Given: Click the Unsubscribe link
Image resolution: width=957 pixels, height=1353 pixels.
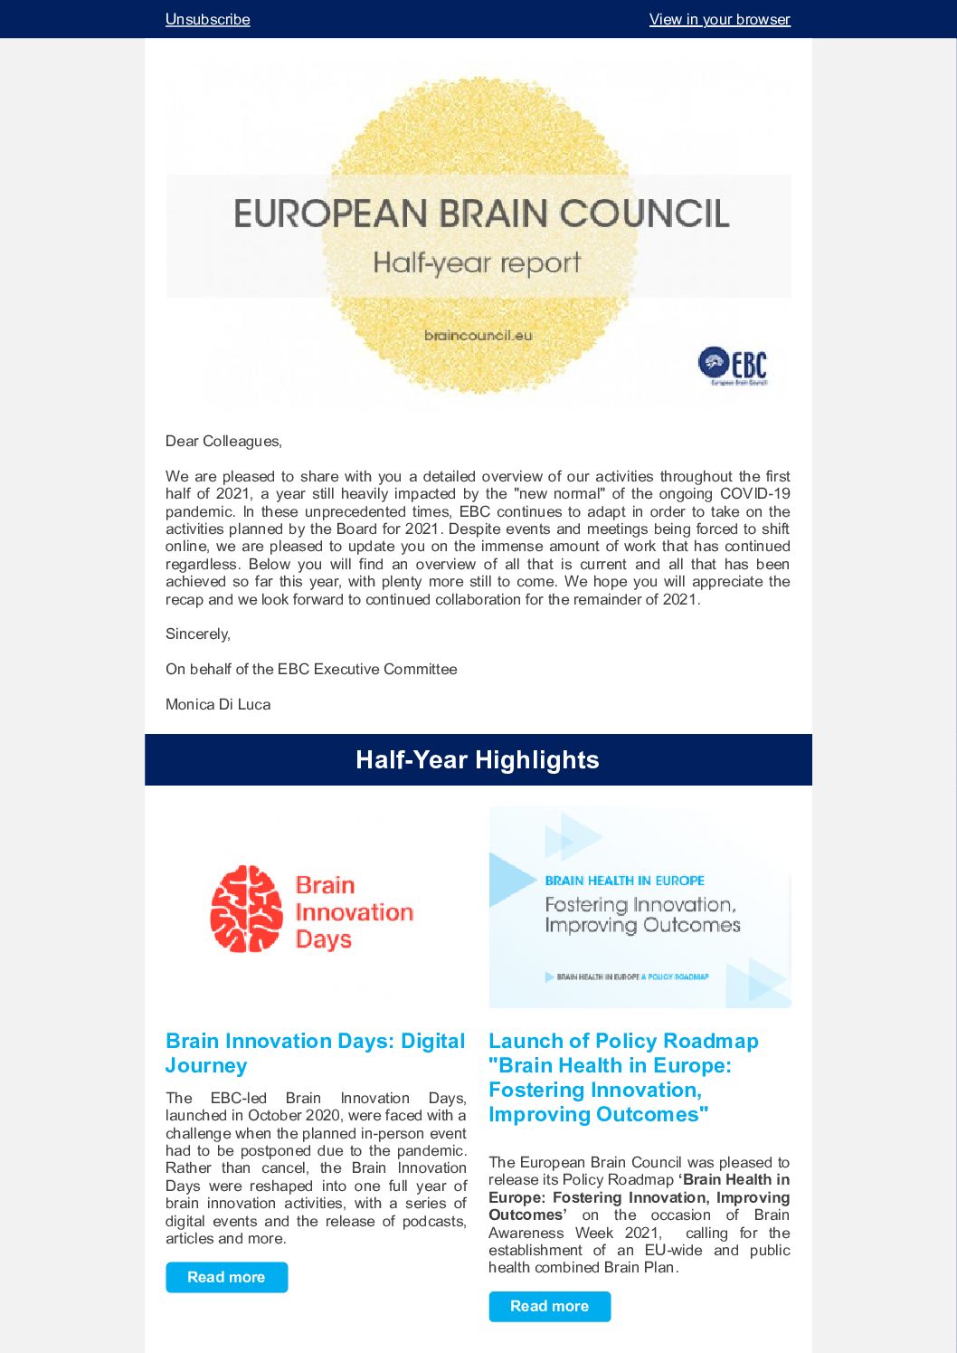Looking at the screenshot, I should click(x=207, y=19).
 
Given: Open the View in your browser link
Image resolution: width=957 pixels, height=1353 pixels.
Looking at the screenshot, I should click(x=719, y=19).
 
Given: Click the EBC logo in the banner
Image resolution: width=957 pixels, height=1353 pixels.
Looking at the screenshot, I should click(x=733, y=365).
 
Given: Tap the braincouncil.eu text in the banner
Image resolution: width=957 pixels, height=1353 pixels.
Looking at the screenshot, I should click(x=478, y=335).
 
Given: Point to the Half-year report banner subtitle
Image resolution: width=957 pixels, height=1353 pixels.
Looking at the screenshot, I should click(x=477, y=263).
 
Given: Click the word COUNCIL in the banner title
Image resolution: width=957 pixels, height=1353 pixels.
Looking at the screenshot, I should click(x=645, y=214).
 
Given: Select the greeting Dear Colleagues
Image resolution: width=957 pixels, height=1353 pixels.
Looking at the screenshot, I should click(x=223, y=441).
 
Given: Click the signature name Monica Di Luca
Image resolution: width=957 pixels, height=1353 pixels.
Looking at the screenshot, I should click(x=218, y=704).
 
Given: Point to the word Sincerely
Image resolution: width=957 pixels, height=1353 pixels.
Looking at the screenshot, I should click(x=197, y=634).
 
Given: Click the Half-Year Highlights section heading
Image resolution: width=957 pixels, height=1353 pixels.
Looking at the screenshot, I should click(x=478, y=760).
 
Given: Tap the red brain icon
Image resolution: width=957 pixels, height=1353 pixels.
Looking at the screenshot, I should click(x=246, y=909).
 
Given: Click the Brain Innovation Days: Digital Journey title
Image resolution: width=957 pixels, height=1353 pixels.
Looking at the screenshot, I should click(x=315, y=1053).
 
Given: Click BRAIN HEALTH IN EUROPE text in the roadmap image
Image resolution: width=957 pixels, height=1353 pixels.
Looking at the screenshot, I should click(x=624, y=881).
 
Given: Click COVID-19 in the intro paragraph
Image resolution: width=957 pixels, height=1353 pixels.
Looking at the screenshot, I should click(x=754, y=493).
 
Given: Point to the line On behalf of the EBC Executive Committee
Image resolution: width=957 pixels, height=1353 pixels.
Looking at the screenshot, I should click(x=311, y=669).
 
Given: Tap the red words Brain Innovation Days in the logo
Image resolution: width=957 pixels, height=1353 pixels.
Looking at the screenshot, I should click(x=353, y=912).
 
